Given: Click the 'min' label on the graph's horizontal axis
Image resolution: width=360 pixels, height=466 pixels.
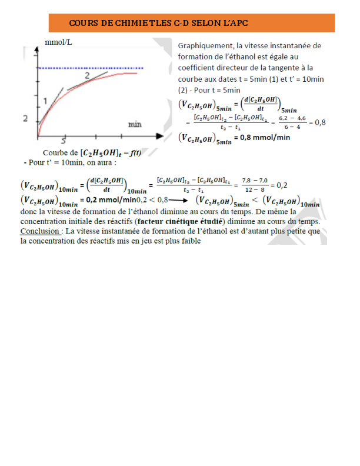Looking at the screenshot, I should tap(135, 124).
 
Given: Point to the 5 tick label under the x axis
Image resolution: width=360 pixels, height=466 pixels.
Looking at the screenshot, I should tap(64, 141).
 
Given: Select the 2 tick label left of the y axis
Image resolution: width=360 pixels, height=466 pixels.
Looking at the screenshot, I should tap(25, 118).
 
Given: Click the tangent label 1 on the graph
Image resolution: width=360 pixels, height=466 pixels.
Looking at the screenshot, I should tap(45, 101).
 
